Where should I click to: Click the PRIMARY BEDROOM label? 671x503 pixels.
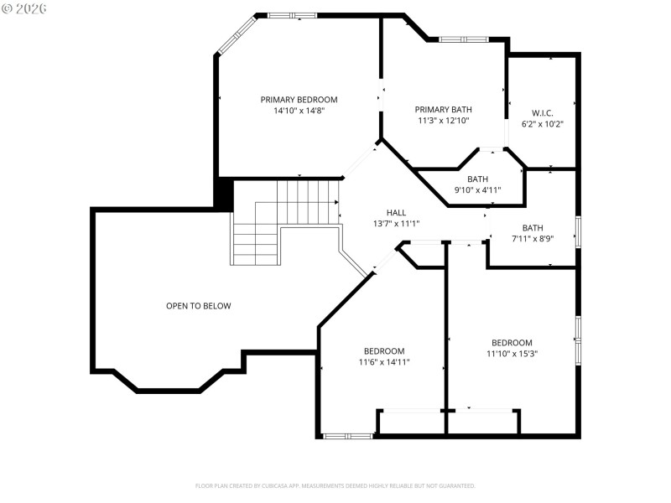tap(299, 100)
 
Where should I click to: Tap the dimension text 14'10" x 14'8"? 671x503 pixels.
tap(299, 111)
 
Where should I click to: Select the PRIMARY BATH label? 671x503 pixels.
tap(443, 109)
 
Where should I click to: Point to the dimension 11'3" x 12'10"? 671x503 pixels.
tap(443, 120)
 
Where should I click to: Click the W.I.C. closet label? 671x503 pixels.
tap(542, 113)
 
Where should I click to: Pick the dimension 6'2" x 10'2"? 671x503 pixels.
tap(542, 124)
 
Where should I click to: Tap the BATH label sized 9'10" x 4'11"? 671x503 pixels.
tap(477, 179)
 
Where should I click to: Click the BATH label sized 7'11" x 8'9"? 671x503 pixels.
tap(533, 227)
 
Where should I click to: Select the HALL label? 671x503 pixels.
tap(396, 212)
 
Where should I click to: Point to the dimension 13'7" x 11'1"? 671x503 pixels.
tap(396, 223)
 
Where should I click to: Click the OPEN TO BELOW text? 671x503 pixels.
tap(198, 306)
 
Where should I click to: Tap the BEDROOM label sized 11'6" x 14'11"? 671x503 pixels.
tap(384, 351)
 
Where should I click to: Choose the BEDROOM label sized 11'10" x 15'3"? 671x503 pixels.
tap(512, 342)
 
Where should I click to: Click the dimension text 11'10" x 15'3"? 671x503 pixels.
tap(512, 353)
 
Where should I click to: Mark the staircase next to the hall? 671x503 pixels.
tap(285, 220)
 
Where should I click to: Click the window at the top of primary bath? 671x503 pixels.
tap(462, 39)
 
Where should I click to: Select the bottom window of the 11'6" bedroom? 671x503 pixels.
tap(348, 436)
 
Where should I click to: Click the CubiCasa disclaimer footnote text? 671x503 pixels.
tap(335, 485)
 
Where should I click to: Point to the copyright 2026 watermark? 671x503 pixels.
tap(24, 8)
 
